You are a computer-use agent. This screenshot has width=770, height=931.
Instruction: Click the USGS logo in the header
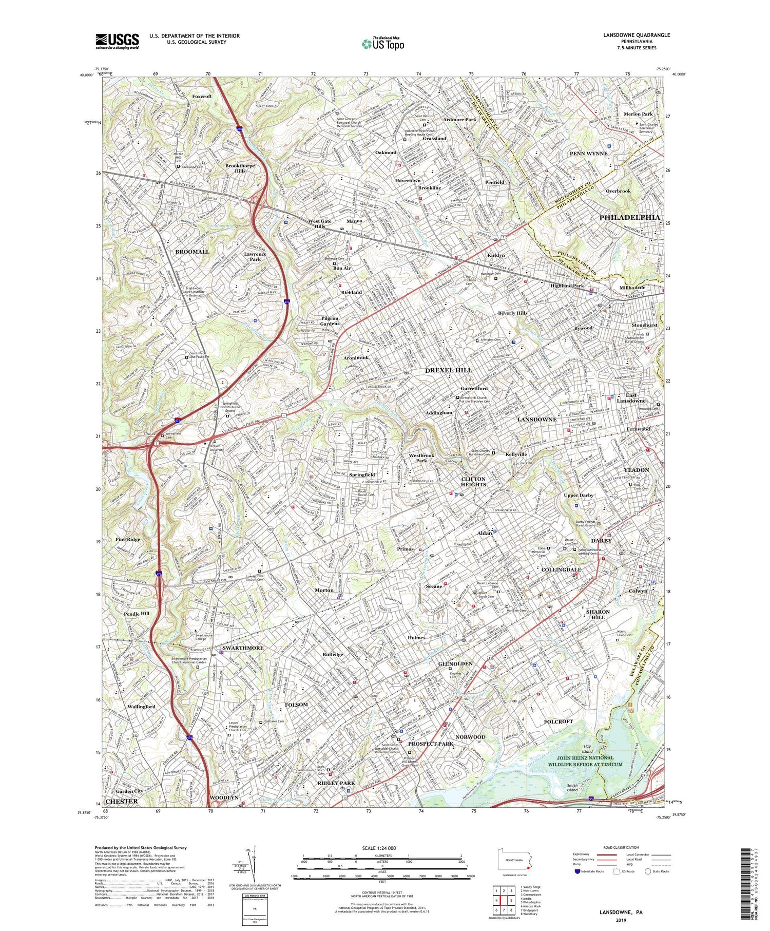pyautogui.click(x=117, y=41)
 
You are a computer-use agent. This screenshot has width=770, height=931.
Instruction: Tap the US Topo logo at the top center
pyautogui.click(x=382, y=44)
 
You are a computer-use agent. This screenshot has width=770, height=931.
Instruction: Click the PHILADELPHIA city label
pyautogui.click(x=629, y=218)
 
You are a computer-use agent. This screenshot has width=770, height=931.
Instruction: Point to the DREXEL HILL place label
pyautogui.click(x=448, y=370)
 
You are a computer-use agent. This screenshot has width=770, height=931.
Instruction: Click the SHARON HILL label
pyautogui.click(x=598, y=614)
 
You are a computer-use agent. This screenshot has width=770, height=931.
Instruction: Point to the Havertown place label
pyautogui.click(x=408, y=181)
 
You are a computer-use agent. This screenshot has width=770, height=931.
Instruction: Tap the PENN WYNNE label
pyautogui.click(x=588, y=154)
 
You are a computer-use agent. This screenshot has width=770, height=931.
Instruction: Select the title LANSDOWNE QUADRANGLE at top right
pyautogui.click(x=637, y=35)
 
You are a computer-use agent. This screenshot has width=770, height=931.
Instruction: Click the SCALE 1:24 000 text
pyautogui.click(x=382, y=848)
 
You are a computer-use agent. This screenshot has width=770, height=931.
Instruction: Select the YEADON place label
pyautogui.click(x=636, y=470)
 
